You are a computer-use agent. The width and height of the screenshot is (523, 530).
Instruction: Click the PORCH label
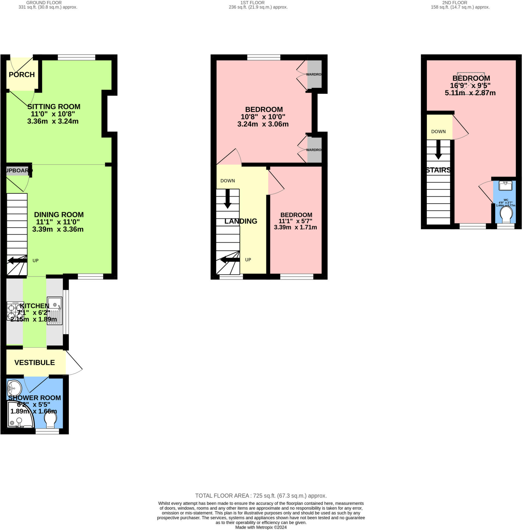pyautogui.click(x=22, y=75)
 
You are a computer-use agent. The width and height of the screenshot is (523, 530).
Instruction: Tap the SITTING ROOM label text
pyautogui.click(x=54, y=107)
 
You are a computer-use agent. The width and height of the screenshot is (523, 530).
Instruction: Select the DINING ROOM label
pyautogui.click(x=59, y=215)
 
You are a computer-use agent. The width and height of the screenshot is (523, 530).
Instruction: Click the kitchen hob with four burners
pyautogui.click(x=15, y=311)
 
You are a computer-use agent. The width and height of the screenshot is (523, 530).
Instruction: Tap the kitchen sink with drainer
pyautogui.click(x=55, y=311)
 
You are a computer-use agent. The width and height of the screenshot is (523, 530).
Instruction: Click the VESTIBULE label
pyautogui.click(x=35, y=362)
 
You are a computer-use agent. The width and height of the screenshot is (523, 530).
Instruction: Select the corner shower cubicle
pyautogui.click(x=19, y=415)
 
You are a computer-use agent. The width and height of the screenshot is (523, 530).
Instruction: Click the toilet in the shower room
pyautogui.click(x=50, y=420)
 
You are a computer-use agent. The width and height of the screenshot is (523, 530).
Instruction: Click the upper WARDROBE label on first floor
pyautogui.click(x=314, y=74)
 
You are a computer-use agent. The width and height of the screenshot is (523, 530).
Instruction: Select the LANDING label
pyautogui.click(x=241, y=221)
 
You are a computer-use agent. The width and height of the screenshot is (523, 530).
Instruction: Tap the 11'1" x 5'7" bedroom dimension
pyautogui.click(x=295, y=221)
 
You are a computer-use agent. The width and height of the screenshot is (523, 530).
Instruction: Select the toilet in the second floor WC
pyautogui.click(x=506, y=214)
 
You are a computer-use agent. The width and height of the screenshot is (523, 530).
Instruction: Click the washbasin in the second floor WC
pyautogui.click(x=505, y=186)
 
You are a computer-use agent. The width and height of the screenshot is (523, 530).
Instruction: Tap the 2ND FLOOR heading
pyautogui.click(x=454, y=3)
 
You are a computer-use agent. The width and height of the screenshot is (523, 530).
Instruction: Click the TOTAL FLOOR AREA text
pyautogui.click(x=261, y=496)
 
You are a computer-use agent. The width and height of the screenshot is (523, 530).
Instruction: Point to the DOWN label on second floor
pyautogui.click(x=438, y=131)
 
